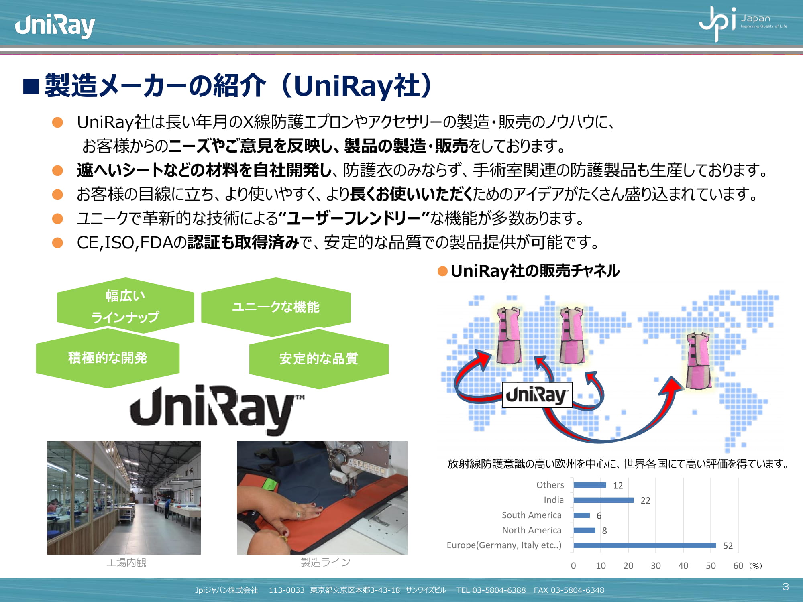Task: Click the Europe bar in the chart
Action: [x=645, y=545]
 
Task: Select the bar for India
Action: [x=604, y=500]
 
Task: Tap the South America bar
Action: [x=582, y=515]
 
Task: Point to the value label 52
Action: [x=728, y=546]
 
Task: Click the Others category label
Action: [x=550, y=485]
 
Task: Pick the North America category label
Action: [x=532, y=530]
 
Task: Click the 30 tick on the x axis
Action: [x=656, y=566]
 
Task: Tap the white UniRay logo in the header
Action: [x=55, y=25]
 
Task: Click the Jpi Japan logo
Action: [x=743, y=23]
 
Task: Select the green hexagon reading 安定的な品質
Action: [x=319, y=358]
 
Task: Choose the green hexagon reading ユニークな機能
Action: [x=276, y=307]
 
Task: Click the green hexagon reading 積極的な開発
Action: [x=108, y=358]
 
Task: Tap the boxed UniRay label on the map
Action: [x=537, y=395]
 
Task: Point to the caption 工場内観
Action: [x=126, y=562]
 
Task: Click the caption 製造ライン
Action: [x=326, y=562]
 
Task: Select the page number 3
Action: [x=786, y=587]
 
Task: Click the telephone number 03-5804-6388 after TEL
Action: [x=499, y=590]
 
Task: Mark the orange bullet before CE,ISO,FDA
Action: [x=58, y=242]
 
